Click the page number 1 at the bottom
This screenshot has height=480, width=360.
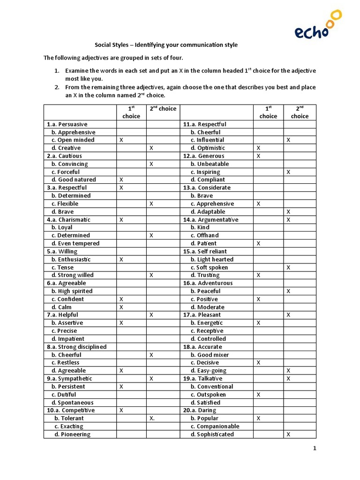[x=315, y=448]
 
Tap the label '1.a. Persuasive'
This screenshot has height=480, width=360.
[x=67, y=124]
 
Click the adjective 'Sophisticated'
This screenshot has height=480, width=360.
[x=215, y=434]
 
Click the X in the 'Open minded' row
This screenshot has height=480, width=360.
[x=121, y=140]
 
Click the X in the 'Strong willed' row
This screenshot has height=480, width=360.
[x=151, y=275]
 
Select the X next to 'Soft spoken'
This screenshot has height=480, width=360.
[x=288, y=267]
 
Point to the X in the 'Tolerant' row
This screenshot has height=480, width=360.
[x=151, y=418]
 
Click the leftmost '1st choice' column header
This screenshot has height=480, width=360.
[x=131, y=112]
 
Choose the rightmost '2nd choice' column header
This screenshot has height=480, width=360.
[x=300, y=112]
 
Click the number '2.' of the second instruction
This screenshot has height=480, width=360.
[x=56, y=87]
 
